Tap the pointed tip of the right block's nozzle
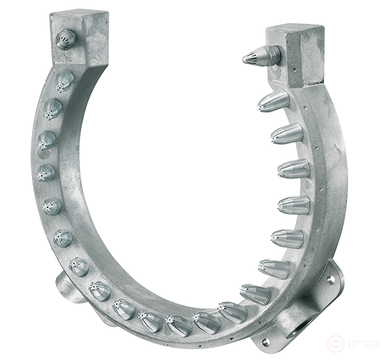tap(245, 60)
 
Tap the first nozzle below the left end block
tap(63, 82)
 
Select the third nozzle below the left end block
tap(46, 140)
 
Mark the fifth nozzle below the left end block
tap(52, 206)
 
